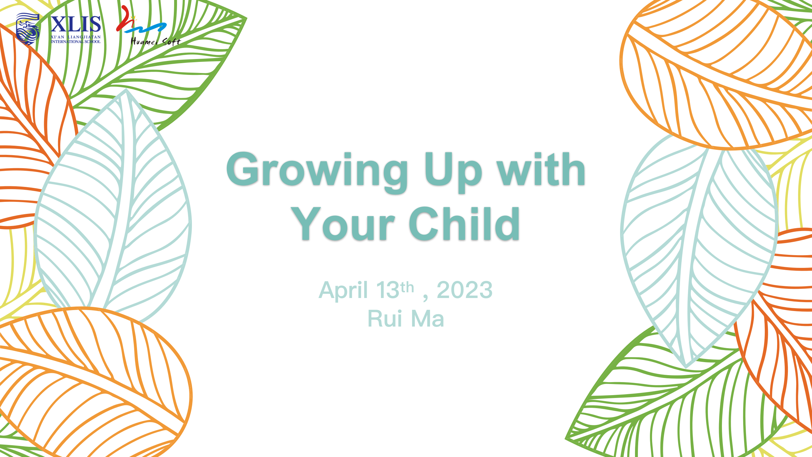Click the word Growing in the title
[317, 172]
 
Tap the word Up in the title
[453, 172]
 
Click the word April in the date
[343, 290]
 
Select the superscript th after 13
[407, 288]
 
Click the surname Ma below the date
[427, 318]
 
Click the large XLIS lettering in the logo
[75, 24]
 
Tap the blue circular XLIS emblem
[28, 29]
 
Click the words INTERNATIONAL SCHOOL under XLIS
[75, 42]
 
